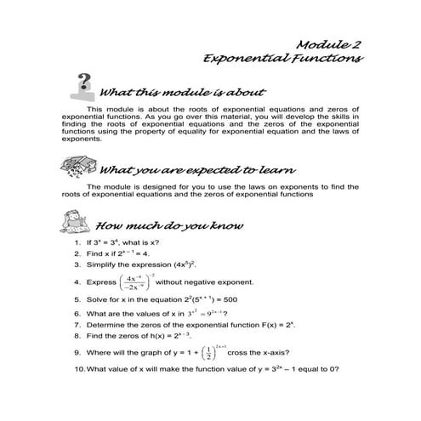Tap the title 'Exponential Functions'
285,59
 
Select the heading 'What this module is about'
183,92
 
